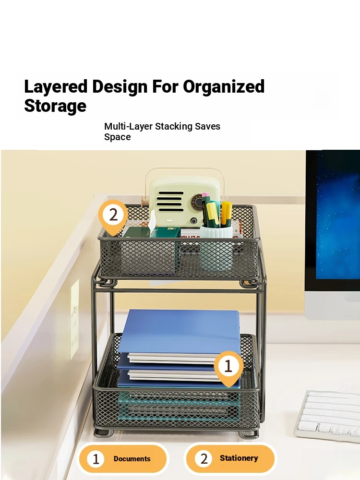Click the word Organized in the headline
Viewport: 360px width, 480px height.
224,86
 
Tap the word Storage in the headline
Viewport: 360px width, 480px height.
55,106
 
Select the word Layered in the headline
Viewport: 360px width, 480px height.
56,86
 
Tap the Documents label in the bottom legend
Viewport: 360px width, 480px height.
132,458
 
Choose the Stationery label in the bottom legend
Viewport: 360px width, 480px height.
239,458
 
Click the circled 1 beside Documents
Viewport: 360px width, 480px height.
96,459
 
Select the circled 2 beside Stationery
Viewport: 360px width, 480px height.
204,458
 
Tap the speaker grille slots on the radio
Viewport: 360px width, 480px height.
170,201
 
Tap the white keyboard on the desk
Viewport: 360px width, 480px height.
327,415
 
